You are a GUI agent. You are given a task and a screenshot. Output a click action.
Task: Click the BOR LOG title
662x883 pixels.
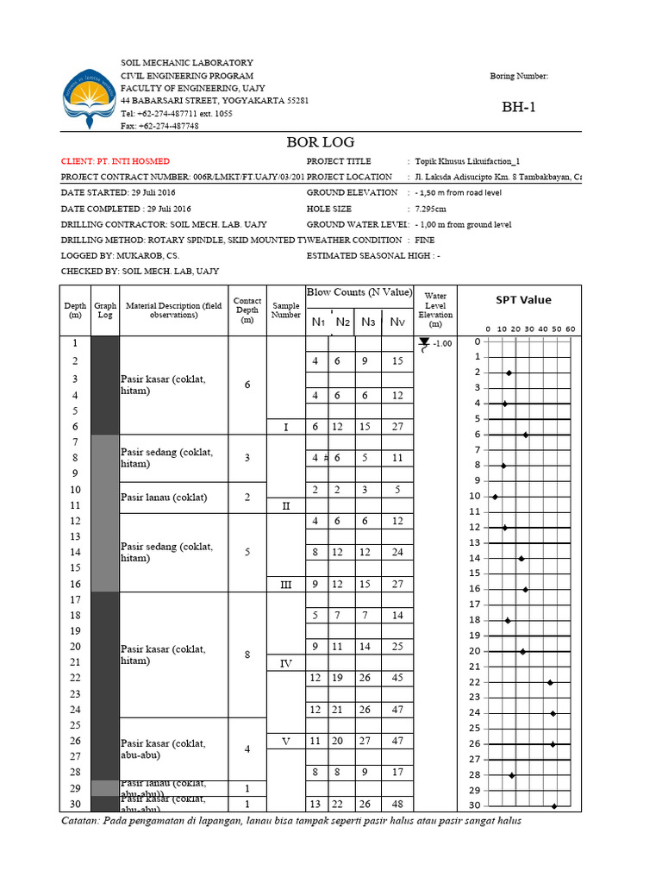pos(320,142)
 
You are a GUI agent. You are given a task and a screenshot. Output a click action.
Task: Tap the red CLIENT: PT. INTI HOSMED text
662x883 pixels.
pos(116,161)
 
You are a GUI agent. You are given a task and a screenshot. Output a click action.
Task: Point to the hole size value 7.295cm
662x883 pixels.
pos(431,209)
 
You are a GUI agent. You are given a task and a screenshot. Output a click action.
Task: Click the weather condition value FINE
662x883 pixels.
pos(424,240)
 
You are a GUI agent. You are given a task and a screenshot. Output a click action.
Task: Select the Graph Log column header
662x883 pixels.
pos(105,310)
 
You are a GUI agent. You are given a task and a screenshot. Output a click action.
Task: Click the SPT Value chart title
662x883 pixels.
pos(523,300)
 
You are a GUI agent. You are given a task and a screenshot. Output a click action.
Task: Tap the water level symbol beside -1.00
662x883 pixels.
pos(423,345)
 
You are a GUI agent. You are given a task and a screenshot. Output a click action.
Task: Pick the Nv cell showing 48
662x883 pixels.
pos(397,805)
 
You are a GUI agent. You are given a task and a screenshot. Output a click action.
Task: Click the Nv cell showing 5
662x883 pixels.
pos(397,490)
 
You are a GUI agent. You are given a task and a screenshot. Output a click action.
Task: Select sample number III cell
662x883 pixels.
pos(286,585)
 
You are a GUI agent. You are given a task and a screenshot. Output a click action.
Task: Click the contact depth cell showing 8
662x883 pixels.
pos(247,654)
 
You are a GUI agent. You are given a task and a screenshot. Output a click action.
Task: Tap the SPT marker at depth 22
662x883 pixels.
pos(550,682)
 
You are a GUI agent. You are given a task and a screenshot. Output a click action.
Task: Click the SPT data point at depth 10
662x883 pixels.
pos(495,497)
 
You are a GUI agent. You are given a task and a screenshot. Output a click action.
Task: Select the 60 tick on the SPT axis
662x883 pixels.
pos(571,329)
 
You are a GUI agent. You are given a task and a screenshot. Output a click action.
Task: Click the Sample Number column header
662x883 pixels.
pos(286,310)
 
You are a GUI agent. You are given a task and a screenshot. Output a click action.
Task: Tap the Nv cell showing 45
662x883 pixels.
pos(397,678)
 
